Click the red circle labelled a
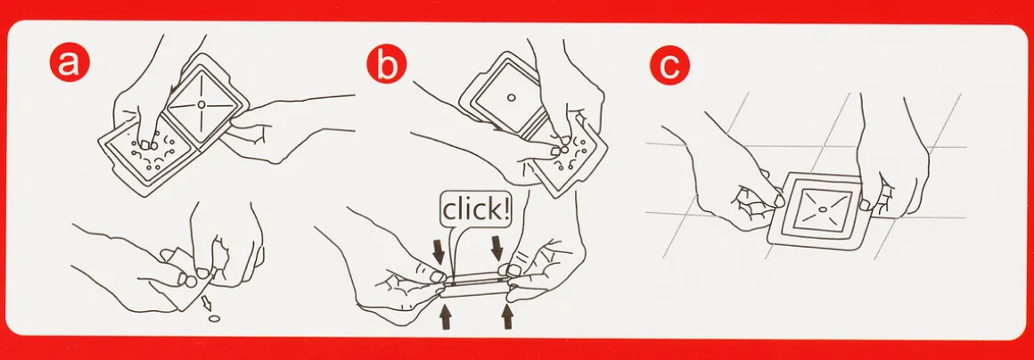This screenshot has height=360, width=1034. (x=70, y=63)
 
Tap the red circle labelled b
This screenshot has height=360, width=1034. (x=387, y=63)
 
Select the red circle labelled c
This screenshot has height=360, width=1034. (x=669, y=67)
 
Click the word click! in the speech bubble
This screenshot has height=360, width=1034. (x=475, y=209)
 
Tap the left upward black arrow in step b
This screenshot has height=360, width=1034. (x=447, y=315)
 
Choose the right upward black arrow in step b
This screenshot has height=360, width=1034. (x=507, y=315)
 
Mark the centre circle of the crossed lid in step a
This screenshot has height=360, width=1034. (x=201, y=103)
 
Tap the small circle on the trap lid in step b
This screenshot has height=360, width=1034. (x=511, y=98)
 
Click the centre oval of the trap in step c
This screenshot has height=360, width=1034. (x=823, y=209)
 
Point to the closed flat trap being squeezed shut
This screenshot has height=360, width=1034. (x=475, y=285)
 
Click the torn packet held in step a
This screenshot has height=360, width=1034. (x=188, y=277)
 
